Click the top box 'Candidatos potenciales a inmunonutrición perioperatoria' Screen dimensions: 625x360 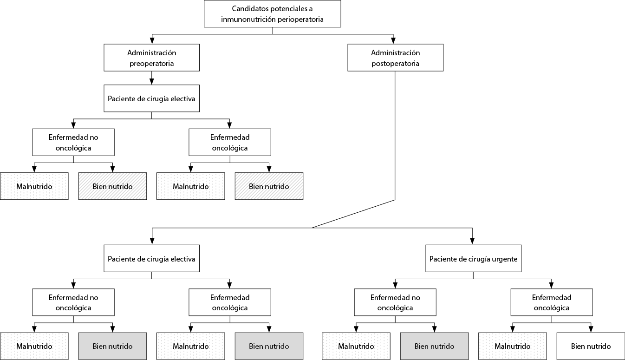pyautogui.click(x=272, y=13)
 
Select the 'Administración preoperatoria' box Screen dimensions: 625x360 pyautogui.click(x=151, y=58)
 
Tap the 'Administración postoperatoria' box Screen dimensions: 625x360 pyautogui.click(x=395, y=58)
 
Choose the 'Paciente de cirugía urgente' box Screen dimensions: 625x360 pyautogui.click(x=473, y=258)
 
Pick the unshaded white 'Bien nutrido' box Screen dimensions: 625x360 pyautogui.click(x=591, y=346)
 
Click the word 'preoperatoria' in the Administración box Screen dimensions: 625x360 pyautogui.click(x=151, y=64)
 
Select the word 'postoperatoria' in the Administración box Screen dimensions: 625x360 pyautogui.click(x=395, y=64)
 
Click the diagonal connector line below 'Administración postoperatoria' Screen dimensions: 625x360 pyautogui.click(x=353, y=214)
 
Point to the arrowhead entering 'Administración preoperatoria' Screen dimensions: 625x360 pyautogui.click(x=152, y=40)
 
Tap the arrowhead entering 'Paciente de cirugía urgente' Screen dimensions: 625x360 pyautogui.click(x=472, y=242)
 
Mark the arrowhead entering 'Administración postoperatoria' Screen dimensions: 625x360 pyautogui.click(x=393, y=40)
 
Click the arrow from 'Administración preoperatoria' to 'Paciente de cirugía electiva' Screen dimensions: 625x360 pyautogui.click(x=151, y=78)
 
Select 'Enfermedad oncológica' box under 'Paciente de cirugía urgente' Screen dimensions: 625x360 pyautogui.click(x=552, y=302)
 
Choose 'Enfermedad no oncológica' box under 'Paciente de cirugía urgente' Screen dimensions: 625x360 pyautogui.click(x=395, y=302)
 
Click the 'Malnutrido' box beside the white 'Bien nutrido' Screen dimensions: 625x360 pyautogui.click(x=513, y=346)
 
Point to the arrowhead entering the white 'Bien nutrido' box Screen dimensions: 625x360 pyautogui.click(x=591, y=329)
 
